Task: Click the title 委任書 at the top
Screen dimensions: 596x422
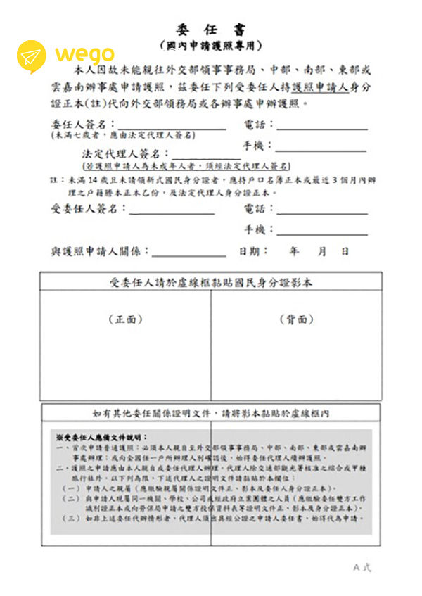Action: coord(211,30)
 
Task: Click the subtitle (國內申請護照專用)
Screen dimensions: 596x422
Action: coord(211,46)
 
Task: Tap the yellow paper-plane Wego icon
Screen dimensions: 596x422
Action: coord(32,55)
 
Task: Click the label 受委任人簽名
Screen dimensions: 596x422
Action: coord(89,209)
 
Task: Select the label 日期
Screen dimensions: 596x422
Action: coord(253,251)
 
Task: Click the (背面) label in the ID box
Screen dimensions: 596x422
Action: coord(296,319)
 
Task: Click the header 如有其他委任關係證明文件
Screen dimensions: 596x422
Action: coord(211,413)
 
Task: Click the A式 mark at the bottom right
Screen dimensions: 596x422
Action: coord(362,567)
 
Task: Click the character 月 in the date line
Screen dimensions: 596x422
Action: coord(322,251)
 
